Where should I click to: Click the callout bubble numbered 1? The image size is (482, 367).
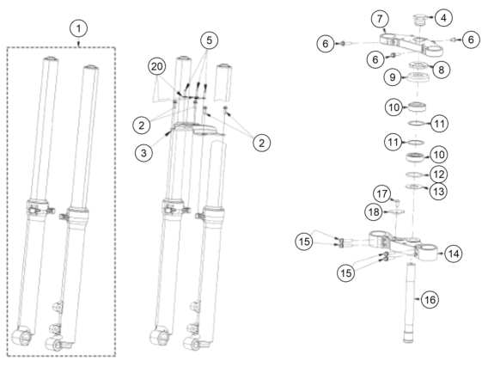(79, 28)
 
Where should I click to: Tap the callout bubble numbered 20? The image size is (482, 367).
(156, 66)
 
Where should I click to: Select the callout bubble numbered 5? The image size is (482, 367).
(209, 40)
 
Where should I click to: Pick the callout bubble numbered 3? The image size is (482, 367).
(143, 153)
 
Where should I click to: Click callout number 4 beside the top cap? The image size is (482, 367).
(443, 18)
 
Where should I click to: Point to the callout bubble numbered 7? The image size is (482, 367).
(380, 19)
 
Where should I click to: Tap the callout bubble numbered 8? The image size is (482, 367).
(441, 70)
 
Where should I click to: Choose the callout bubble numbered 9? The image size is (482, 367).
(393, 76)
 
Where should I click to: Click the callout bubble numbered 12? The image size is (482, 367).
(439, 174)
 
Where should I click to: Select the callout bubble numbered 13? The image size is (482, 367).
(439, 192)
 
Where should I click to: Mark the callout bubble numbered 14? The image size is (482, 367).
(454, 254)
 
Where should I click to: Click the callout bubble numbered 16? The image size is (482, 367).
(430, 299)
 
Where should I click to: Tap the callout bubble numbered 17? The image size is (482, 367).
(382, 193)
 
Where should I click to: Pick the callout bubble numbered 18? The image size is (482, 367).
(374, 212)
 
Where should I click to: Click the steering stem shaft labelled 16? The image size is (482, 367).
(408, 303)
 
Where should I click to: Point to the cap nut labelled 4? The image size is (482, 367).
(419, 19)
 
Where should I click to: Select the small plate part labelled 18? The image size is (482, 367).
(397, 211)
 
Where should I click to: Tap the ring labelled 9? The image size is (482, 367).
(418, 76)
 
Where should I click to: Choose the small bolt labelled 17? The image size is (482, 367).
(397, 201)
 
